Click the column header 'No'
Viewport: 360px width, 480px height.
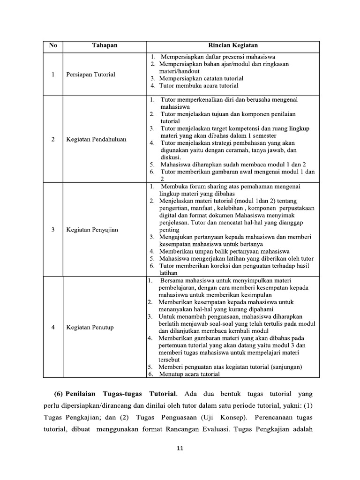click(x=53, y=45)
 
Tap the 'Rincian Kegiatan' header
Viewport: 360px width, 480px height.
click(x=232, y=45)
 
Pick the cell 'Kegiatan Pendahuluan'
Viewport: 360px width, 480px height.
click(x=96, y=139)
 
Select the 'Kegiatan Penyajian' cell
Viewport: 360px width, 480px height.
click(x=92, y=230)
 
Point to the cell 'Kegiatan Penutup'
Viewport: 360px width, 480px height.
click(x=90, y=327)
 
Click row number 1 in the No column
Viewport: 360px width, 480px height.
click(x=53, y=74)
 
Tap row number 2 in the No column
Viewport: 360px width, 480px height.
click(x=53, y=139)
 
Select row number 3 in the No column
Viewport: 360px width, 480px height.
click(x=53, y=230)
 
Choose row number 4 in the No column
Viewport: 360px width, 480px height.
click(x=53, y=327)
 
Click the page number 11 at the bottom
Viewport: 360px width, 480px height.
click(x=180, y=449)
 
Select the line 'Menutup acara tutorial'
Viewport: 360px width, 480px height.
click(x=189, y=374)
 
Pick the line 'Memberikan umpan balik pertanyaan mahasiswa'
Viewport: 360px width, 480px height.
click(x=225, y=251)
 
